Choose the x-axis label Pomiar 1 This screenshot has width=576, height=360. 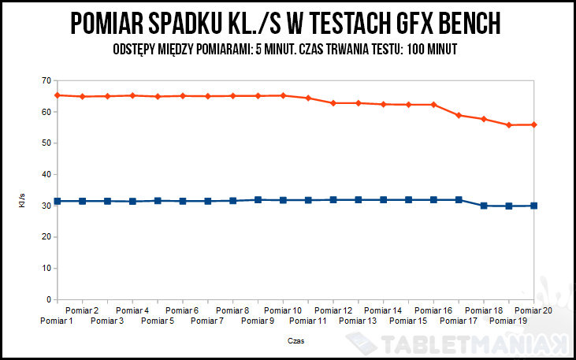pyautogui.click(x=56, y=321)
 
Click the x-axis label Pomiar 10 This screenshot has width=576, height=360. pyautogui.click(x=283, y=311)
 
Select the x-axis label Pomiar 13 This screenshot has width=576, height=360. pyautogui.click(x=358, y=321)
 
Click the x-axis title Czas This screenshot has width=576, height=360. pyautogui.click(x=295, y=341)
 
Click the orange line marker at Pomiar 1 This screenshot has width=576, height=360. pyautogui.click(x=57, y=95)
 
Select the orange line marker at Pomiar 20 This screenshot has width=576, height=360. pyautogui.click(x=534, y=124)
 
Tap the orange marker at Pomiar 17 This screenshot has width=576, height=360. pyautogui.click(x=459, y=115)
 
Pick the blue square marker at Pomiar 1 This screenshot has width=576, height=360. pyautogui.click(x=57, y=201)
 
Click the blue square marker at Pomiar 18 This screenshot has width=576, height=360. pyautogui.click(x=484, y=206)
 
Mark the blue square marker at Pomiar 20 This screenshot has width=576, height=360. pyautogui.click(x=534, y=206)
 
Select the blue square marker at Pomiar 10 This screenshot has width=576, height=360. pyautogui.click(x=283, y=200)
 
